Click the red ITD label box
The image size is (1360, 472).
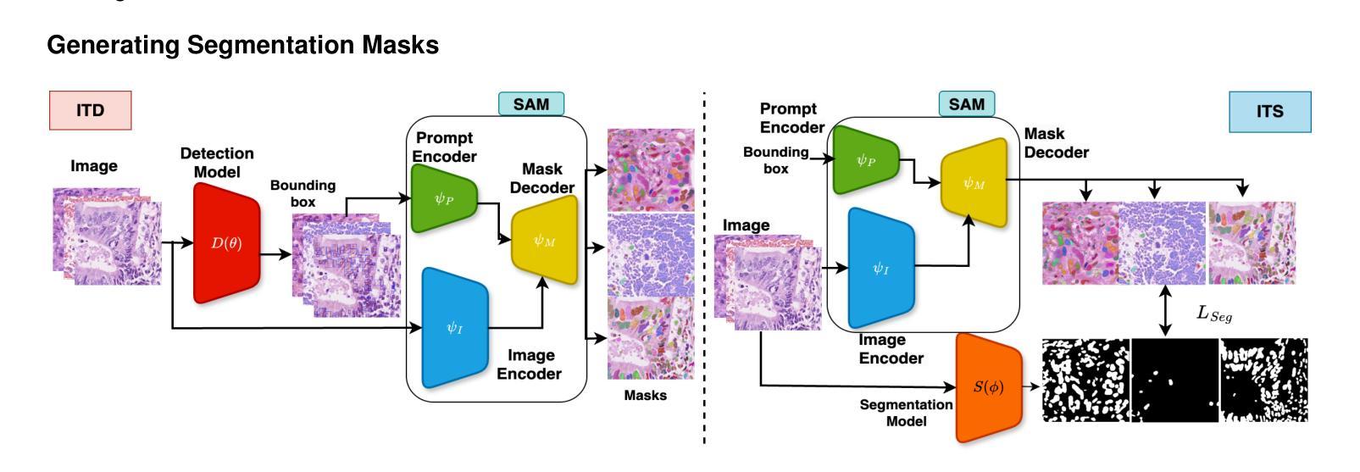[90, 110]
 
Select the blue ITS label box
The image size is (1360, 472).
[1269, 111]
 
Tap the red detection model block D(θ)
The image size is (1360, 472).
[226, 243]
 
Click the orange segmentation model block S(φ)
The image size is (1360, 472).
[988, 387]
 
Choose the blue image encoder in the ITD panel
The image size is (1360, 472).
[455, 326]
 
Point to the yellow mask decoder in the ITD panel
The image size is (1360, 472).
[544, 240]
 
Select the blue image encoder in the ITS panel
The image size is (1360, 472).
[881, 269]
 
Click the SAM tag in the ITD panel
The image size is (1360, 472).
[531, 104]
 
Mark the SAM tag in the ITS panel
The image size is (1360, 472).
[967, 104]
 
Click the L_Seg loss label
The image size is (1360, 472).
[1213, 314]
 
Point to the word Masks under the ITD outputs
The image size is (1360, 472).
[645, 395]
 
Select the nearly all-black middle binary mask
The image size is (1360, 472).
[1174, 380]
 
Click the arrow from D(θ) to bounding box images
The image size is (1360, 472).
[274, 253]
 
